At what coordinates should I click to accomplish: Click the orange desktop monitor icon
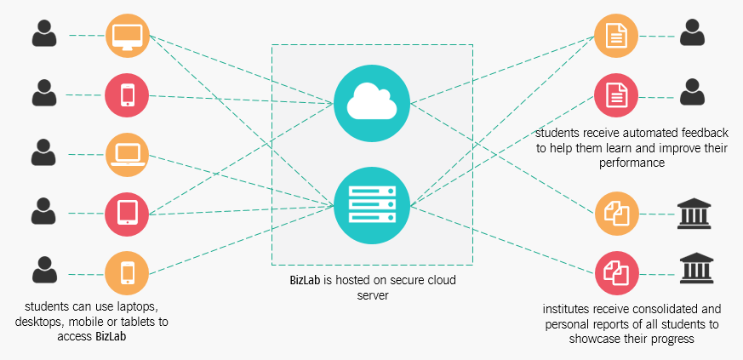point(128,37)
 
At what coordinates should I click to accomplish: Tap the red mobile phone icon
point(128,94)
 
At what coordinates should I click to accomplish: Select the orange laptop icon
point(128,154)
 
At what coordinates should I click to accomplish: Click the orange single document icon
point(616,37)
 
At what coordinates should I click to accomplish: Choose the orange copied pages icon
point(616,214)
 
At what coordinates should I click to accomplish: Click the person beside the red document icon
point(693,92)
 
